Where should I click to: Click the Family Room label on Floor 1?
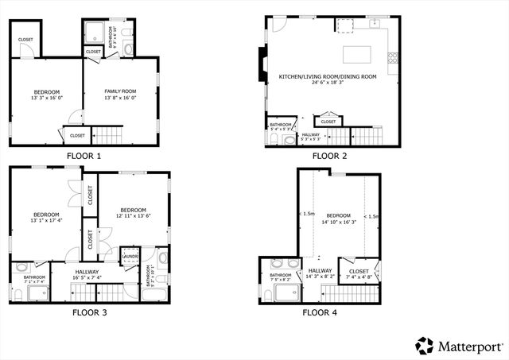click(x=120, y=92)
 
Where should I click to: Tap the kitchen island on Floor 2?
click(x=357, y=55)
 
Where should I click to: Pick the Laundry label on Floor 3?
click(x=129, y=257)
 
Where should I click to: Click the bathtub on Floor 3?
click(x=154, y=295)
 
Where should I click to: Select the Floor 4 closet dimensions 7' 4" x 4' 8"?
click(x=359, y=277)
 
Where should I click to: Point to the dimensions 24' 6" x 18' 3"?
click(x=328, y=83)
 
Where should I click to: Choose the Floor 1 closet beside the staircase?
click(x=76, y=135)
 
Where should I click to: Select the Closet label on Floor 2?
click(x=328, y=122)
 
